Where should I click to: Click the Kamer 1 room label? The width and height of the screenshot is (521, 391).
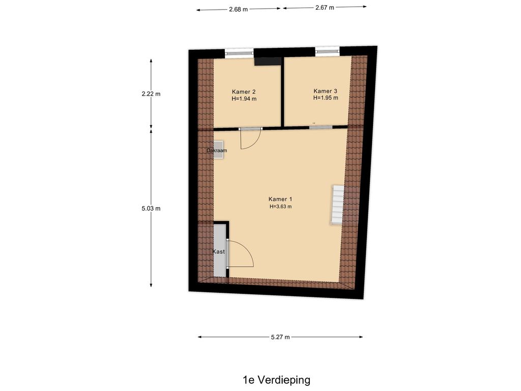tap(280, 199)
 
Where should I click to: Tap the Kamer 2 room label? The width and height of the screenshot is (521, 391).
tap(244, 92)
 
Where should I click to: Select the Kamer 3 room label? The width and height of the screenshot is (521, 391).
tap(325, 91)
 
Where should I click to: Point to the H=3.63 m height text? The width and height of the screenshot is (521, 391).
tap(280, 207)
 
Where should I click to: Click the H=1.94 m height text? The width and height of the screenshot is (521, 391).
tap(244, 99)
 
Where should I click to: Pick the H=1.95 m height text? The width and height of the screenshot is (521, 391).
tap(325, 98)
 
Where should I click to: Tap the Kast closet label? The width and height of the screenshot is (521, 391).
tap(219, 252)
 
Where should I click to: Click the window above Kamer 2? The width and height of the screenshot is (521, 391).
tap(239, 52)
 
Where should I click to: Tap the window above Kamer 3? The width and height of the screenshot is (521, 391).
tap(327, 51)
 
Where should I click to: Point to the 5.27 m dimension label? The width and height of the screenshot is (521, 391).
tap(280, 337)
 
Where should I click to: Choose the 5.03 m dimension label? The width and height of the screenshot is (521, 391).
tap(151, 208)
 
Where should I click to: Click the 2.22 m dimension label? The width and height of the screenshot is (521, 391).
tap(151, 94)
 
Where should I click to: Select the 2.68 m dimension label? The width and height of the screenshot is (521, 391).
tap(238, 9)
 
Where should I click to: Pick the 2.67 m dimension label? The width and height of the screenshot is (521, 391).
tap(325, 8)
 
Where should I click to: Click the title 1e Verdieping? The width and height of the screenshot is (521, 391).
tap(276, 380)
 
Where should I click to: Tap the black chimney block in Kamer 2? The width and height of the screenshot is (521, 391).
tap(268, 62)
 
